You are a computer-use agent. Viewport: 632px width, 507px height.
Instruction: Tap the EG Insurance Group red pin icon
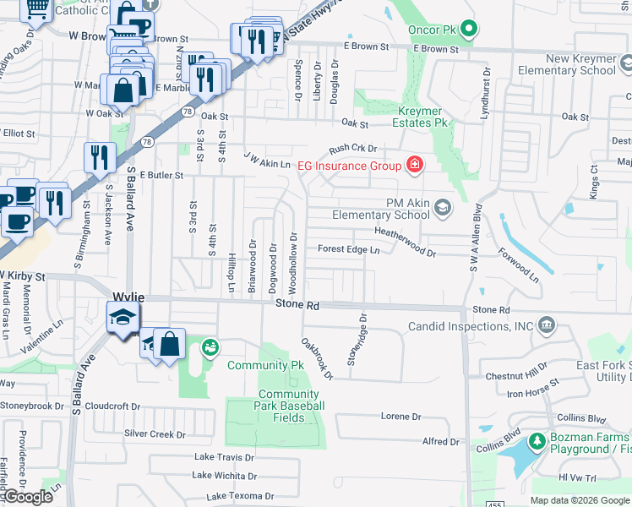(x=414, y=165)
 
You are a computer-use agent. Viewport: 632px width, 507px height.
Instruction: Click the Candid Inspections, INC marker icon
(x=547, y=325)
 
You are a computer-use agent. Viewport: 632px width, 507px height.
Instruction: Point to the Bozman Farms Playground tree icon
(x=537, y=442)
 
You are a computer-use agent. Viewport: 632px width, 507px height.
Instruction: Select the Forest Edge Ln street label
(x=348, y=249)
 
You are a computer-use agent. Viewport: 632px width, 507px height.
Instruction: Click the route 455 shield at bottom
(x=496, y=504)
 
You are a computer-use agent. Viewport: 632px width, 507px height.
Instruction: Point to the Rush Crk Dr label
(x=351, y=148)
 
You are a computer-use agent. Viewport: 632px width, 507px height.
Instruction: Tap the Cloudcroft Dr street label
(x=112, y=406)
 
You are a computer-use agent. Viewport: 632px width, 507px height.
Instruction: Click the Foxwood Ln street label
(x=518, y=264)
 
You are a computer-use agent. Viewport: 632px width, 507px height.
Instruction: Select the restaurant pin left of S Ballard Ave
(x=100, y=157)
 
